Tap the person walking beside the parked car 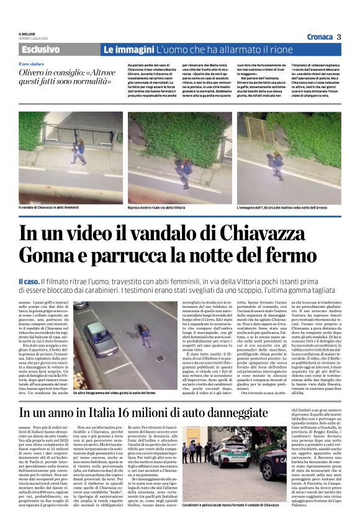point(145,336)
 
